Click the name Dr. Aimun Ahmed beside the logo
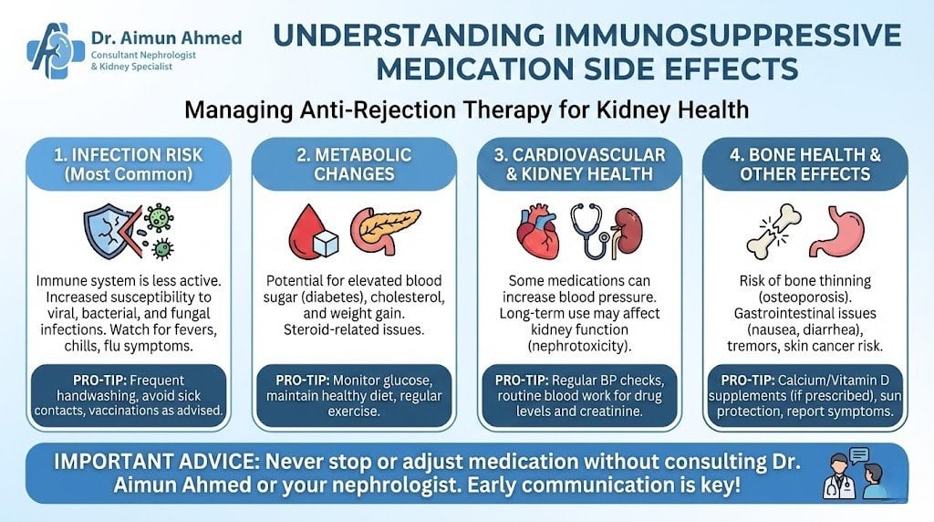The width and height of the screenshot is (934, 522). coord(166,37)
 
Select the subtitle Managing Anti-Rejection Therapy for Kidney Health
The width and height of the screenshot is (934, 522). coord(466,110)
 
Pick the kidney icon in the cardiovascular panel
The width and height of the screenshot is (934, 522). coord(627,231)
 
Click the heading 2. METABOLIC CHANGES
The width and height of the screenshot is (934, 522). coord(353,165)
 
